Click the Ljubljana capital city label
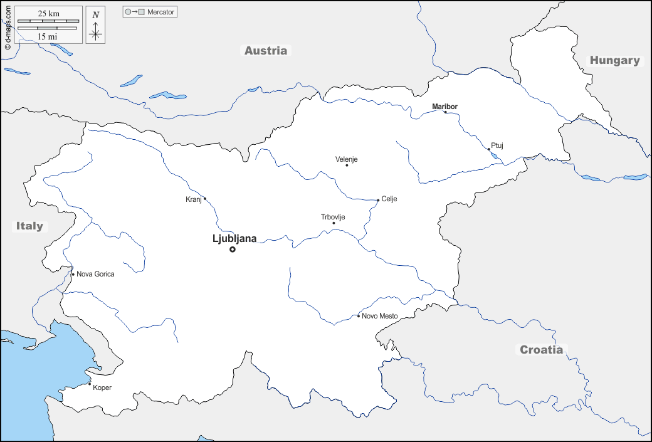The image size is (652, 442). pos(234,238)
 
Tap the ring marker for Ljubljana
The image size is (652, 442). pos(233,250)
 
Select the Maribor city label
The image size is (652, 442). pos(444,107)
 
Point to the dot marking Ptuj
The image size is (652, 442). pos(489,149)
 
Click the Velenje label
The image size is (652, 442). pos(346,159)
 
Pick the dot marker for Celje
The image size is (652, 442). pos(378,201)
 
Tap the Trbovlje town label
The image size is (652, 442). pos(333,217)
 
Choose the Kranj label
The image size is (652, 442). pos(193,199)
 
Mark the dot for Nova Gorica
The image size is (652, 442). pos(73,274)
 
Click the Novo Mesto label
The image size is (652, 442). pos(379,316)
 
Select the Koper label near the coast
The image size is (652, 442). pos(102,387)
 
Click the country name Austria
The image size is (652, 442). pos(266,51)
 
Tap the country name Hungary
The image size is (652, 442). pos(614,61)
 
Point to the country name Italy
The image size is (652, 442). pos(29,226)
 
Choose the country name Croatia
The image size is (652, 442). pos(541,350)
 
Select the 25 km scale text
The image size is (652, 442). pos(48,13)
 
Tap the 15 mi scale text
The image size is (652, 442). pos(48,36)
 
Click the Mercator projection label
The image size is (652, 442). pos(161,12)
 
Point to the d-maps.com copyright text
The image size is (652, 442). pos(8,26)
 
